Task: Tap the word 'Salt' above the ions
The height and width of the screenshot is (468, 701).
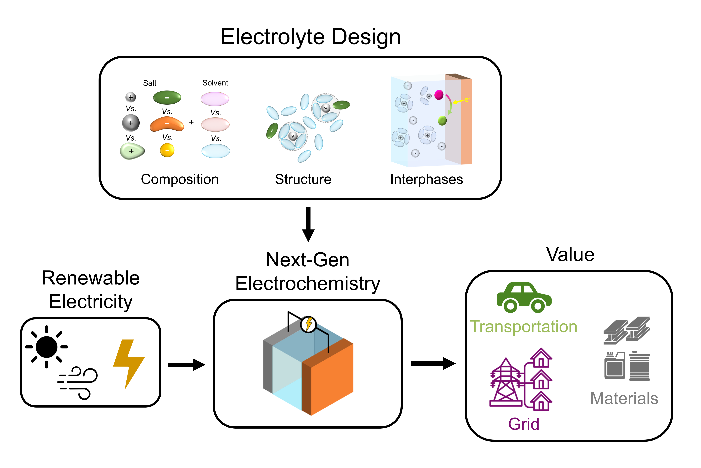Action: [x=150, y=83]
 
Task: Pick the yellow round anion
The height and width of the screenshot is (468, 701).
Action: [x=167, y=150]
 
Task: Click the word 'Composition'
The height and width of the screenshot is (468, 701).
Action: [x=180, y=179]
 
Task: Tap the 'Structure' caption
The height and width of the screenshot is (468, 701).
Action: [x=303, y=179]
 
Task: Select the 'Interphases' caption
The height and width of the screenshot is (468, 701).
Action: [x=427, y=179]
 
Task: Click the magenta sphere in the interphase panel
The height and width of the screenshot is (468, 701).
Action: [x=439, y=95]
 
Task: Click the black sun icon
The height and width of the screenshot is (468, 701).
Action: [x=46, y=347]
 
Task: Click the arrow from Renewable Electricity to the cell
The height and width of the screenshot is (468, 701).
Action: [x=186, y=364]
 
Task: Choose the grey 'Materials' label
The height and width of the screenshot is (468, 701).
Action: [x=624, y=398]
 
